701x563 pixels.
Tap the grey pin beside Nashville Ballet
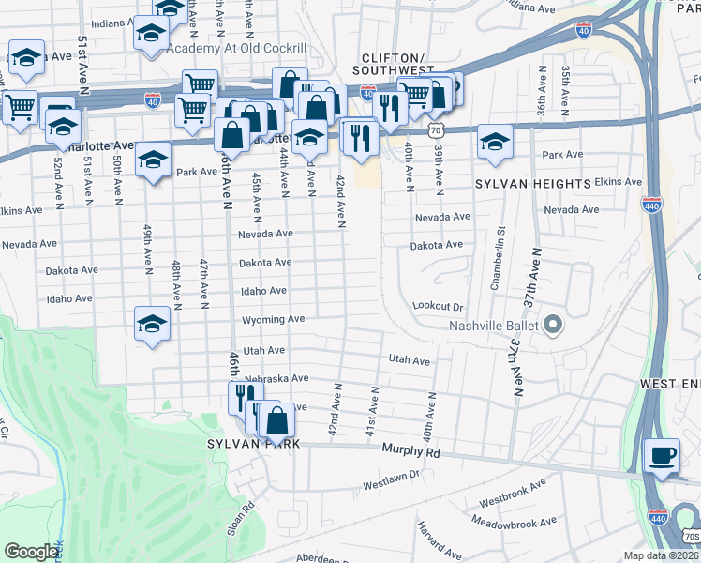click(x=552, y=326)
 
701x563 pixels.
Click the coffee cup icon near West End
click(x=664, y=455)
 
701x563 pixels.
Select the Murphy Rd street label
click(x=410, y=451)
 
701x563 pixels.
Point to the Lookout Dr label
click(x=438, y=307)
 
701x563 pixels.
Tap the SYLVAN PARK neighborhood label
click(x=254, y=443)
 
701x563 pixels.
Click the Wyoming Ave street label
click(x=273, y=319)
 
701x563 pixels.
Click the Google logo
click(x=31, y=552)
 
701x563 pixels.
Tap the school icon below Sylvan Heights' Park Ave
click(x=495, y=142)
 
